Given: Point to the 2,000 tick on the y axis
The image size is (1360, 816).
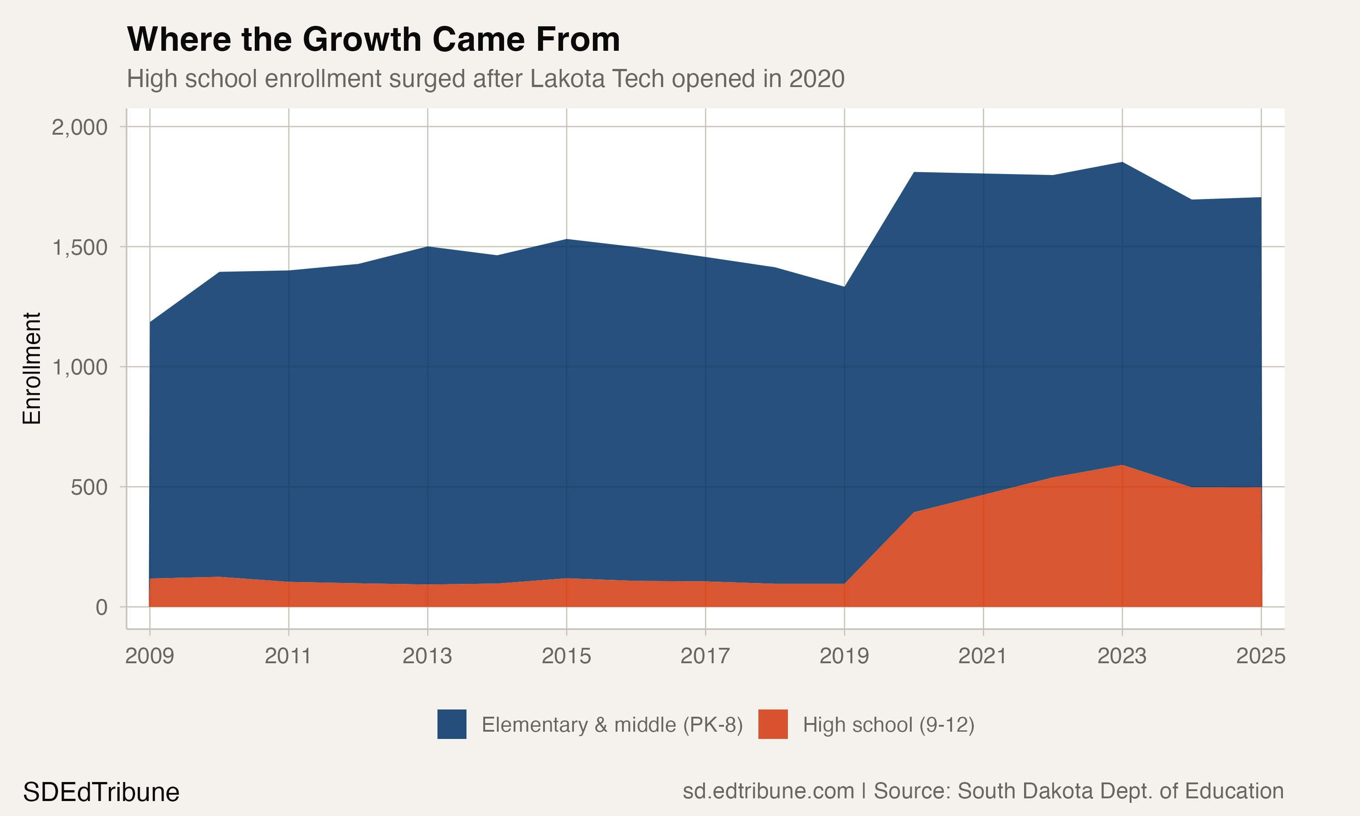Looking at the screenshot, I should point(79,127).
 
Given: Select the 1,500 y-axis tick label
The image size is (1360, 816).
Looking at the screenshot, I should point(79,248).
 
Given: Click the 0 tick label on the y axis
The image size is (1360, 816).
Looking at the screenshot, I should point(102,607).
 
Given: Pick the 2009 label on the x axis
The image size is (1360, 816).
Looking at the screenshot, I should point(150,656).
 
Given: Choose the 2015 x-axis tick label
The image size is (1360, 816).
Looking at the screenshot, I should point(566,656).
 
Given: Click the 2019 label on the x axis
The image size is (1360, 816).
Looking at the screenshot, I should point(845,656).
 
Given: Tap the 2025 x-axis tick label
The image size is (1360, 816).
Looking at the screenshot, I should point(1261,656).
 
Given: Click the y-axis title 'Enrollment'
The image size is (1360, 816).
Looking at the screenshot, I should point(32,369).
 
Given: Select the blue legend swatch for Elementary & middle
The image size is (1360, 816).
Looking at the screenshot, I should point(452,724).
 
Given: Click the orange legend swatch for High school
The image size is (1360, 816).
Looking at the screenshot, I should point(773,724).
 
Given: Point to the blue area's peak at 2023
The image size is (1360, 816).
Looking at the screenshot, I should point(1122,163).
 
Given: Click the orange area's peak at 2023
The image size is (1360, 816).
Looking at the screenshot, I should point(1122,466).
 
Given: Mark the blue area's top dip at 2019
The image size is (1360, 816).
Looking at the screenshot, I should point(845,287).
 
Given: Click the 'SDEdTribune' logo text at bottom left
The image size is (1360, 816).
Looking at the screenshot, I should point(101,792).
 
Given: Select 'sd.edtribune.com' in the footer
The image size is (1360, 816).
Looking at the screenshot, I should point(768,791).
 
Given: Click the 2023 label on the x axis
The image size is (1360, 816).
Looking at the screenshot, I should point(1122,656).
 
